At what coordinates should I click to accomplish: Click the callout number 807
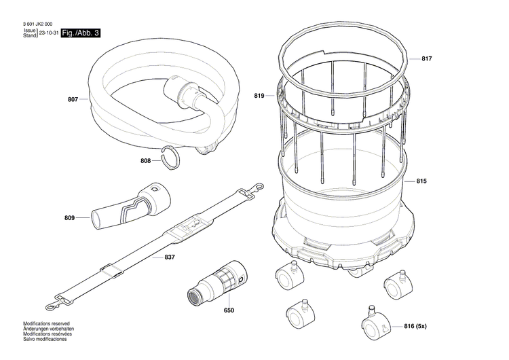(x=73, y=100)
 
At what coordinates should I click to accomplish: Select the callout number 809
(x=69, y=218)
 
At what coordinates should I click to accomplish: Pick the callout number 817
(x=426, y=59)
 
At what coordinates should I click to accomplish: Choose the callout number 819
(x=259, y=96)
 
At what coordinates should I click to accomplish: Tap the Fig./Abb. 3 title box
(x=80, y=33)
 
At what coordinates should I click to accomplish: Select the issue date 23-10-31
(x=49, y=33)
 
